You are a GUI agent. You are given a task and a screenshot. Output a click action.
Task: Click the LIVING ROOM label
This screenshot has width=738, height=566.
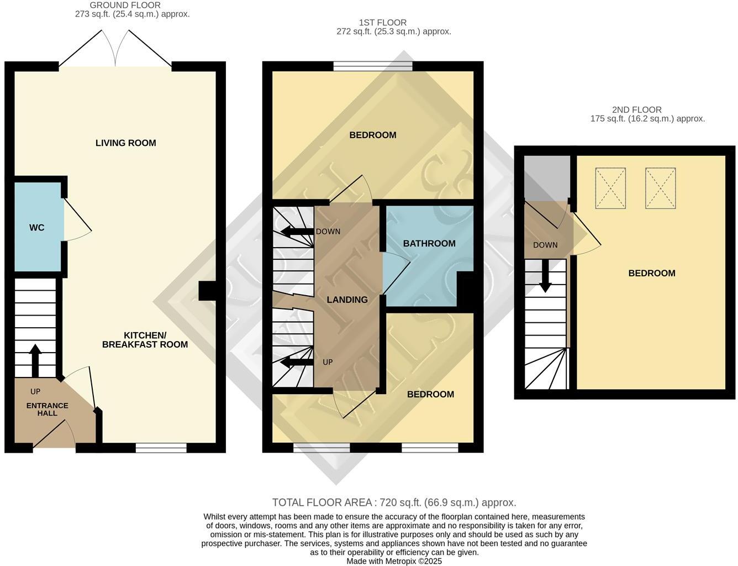(125, 143)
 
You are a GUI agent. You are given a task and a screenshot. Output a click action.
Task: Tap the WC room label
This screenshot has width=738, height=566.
(37, 228)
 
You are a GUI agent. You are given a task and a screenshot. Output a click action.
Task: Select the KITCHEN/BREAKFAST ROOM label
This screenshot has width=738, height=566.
(145, 340)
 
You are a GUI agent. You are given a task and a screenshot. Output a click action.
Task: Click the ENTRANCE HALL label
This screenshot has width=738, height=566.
(48, 409)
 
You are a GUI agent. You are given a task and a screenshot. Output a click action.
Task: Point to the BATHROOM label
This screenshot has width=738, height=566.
(429, 244)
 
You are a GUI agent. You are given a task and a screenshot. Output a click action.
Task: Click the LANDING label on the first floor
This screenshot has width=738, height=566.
(347, 300)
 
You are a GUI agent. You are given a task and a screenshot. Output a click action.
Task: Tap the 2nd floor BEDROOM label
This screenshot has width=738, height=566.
(652, 273)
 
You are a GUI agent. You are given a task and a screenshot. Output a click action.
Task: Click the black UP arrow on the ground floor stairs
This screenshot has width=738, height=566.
(35, 360)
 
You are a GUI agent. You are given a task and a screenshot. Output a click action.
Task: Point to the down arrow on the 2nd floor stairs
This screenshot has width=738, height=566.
(545, 276)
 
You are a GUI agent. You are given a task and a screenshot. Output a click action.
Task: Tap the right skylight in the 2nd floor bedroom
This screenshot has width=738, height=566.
(661, 188)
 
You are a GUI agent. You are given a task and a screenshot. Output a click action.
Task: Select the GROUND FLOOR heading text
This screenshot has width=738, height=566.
(125, 5)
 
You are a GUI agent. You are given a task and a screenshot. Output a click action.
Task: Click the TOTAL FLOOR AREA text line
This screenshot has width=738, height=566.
(394, 502)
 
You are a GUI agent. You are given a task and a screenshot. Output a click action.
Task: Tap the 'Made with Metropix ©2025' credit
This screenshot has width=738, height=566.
(394, 561)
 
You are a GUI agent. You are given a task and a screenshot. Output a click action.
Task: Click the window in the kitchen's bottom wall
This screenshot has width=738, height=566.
(161, 448)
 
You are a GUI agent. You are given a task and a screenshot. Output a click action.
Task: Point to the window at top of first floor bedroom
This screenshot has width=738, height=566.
(373, 66)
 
